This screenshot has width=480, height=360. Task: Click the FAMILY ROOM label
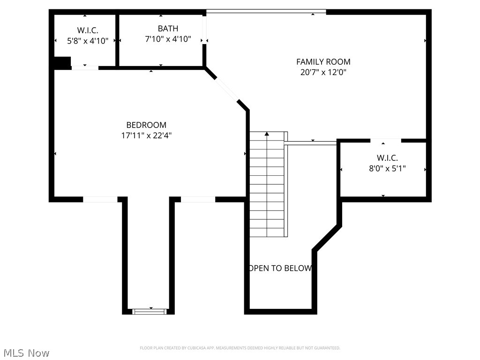click(323, 61)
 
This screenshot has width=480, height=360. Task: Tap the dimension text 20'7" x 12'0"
click(323, 72)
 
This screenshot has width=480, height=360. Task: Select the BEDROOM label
click(146, 125)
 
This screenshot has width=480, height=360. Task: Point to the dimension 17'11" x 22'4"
click(146, 135)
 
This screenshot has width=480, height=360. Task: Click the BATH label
click(168, 29)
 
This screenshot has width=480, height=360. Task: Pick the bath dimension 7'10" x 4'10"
click(168, 39)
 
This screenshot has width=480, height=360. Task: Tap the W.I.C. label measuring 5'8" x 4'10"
click(88, 30)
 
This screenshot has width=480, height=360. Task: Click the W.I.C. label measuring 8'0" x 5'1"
click(387, 158)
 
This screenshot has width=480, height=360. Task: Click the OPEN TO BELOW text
click(280, 269)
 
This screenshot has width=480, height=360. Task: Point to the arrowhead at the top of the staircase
click(267, 134)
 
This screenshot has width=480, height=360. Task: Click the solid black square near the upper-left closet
click(62, 63)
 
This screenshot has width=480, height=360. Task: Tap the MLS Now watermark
click(26, 352)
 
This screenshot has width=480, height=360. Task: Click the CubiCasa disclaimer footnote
click(240, 348)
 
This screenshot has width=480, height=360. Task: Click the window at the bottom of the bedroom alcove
click(150, 311)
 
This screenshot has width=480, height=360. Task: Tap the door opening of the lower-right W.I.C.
click(386, 140)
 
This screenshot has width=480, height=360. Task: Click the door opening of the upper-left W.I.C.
click(85, 68)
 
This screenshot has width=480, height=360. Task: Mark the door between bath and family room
click(204, 29)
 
